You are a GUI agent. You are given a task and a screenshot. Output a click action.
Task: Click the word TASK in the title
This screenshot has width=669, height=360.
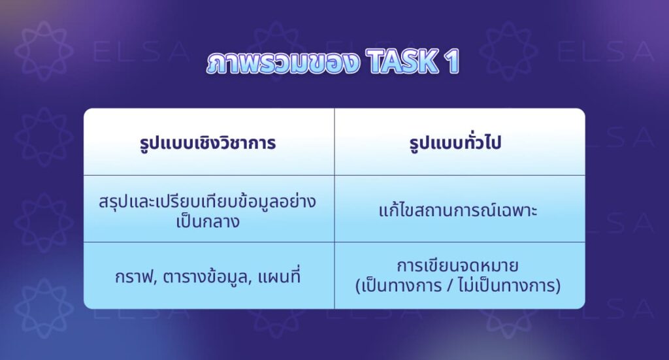(400, 62)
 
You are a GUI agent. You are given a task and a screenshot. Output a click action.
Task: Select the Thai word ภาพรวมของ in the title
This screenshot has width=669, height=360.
(283, 63)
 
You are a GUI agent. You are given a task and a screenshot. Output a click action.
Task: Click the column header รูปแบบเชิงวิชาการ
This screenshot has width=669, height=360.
(208, 143)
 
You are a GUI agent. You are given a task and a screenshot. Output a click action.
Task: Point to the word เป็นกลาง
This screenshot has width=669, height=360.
(208, 221)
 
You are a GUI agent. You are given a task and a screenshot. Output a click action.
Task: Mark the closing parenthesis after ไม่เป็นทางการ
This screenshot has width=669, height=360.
(561, 286)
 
